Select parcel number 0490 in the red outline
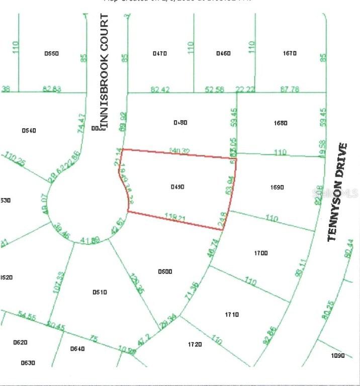tap(177, 186)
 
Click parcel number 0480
tap(180, 123)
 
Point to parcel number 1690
tap(277, 187)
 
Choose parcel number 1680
tap(281, 123)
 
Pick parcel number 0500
tap(165, 271)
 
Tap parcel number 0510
tap(100, 292)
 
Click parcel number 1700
tap(261, 253)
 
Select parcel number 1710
tap(232, 315)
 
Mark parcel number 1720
tap(195, 344)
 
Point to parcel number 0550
tap(52, 53)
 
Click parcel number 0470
tap(160, 53)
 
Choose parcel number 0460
tap(223, 53)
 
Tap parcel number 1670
tap(290, 53)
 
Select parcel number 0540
tap(29, 131)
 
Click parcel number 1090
tap(338, 356)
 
